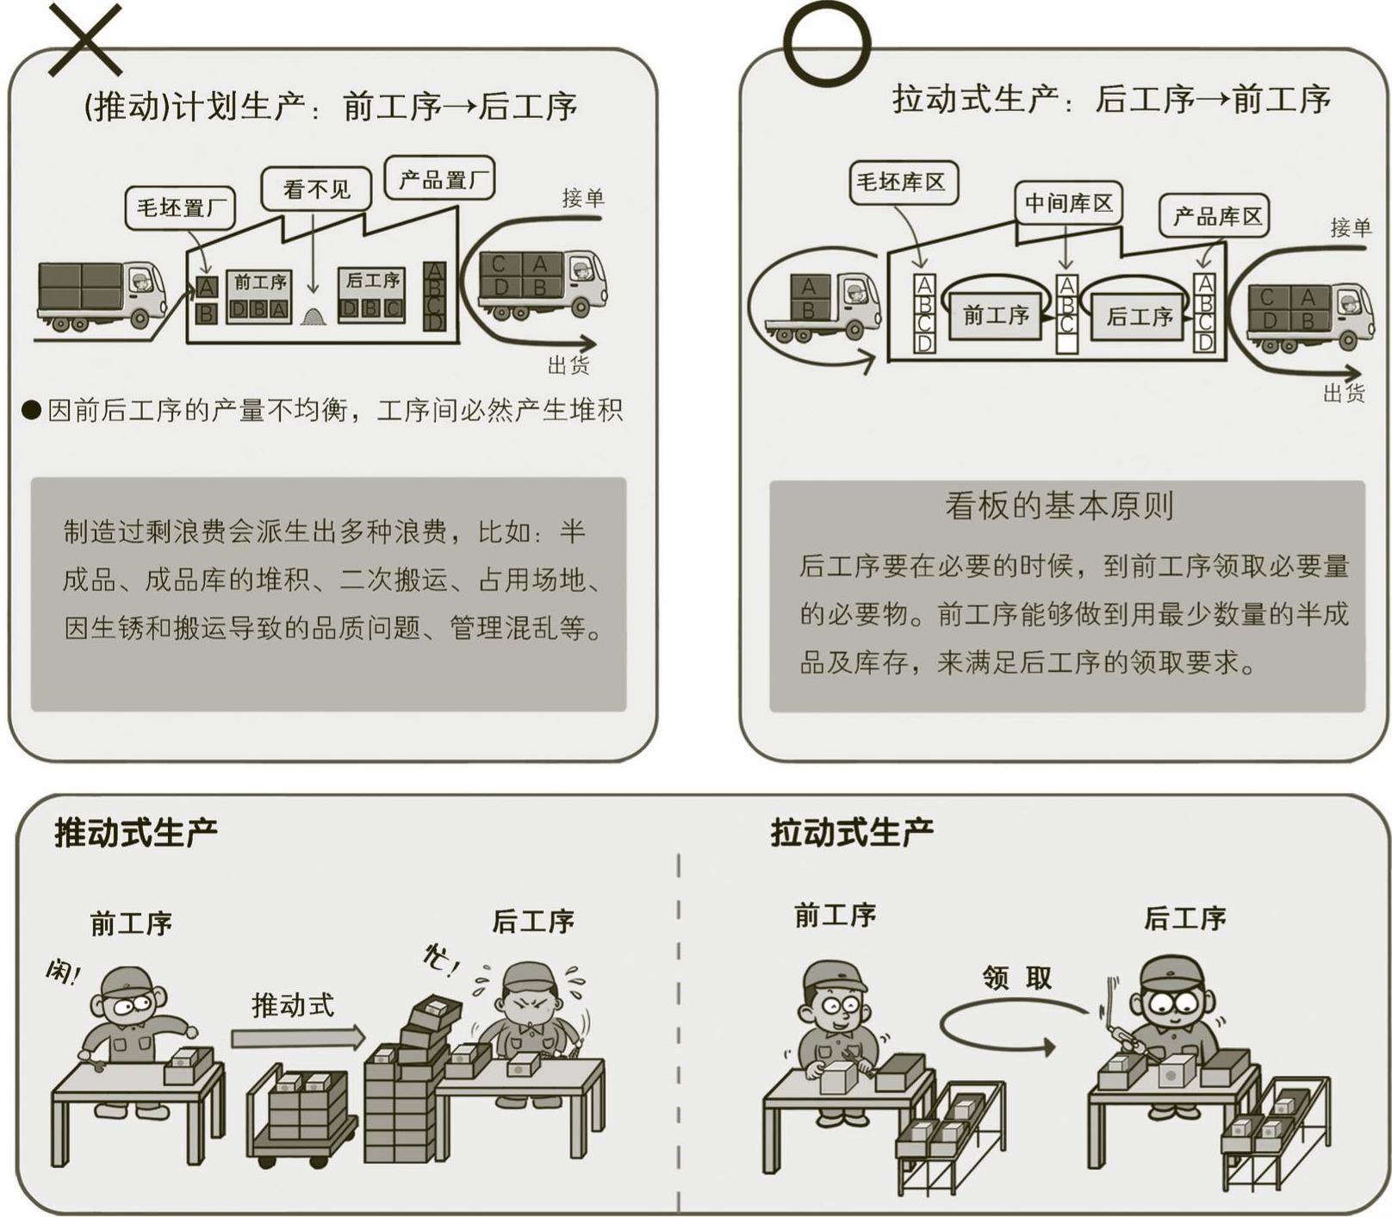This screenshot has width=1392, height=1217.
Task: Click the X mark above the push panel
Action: point(85,39)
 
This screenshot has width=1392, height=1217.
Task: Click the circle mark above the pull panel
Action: point(826,42)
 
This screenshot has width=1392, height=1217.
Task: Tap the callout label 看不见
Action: point(316,189)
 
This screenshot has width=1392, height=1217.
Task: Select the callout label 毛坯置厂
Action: point(180,208)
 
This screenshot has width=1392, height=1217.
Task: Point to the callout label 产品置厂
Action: point(439,179)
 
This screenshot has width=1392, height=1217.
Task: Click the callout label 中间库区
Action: point(1068,203)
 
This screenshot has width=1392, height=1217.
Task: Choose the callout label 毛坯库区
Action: point(902,182)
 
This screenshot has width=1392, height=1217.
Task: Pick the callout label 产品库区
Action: point(1216,215)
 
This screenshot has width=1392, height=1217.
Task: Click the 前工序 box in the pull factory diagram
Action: point(995,316)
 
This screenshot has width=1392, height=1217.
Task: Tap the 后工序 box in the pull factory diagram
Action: point(1139,317)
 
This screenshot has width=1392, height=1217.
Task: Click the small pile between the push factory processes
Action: point(314,316)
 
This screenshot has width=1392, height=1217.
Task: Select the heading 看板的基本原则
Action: point(1059,506)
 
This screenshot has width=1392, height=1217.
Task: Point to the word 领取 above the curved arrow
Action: point(1016,978)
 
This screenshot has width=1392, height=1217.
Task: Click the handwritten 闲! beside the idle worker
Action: point(63,972)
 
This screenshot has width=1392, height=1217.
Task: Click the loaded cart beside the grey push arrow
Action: point(301,1115)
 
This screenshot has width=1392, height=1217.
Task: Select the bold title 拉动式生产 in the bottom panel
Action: point(851,833)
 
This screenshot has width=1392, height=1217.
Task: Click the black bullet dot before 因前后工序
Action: point(32,410)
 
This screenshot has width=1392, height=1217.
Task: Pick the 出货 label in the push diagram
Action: point(569,365)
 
